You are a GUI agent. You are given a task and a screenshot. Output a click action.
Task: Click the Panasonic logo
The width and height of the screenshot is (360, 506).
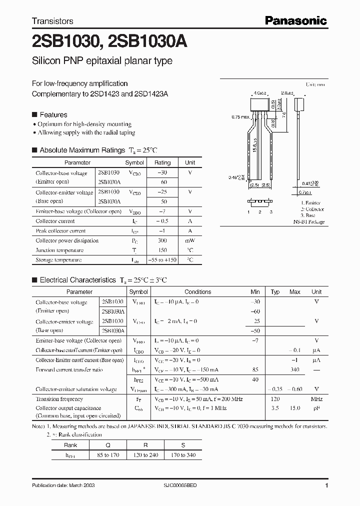[295, 20]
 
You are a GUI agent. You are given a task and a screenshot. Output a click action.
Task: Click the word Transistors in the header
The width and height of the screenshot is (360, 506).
[52, 21]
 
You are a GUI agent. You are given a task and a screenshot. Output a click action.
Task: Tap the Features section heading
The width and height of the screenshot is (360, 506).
[53, 114]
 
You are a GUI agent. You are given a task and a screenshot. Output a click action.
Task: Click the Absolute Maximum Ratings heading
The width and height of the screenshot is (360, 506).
[82, 150]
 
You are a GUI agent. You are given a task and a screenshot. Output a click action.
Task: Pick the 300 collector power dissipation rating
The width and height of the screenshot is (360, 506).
[162, 240]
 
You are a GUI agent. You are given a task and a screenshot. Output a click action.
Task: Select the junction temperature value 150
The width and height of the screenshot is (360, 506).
[162, 250]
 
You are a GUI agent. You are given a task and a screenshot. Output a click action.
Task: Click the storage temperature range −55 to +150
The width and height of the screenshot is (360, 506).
[162, 260]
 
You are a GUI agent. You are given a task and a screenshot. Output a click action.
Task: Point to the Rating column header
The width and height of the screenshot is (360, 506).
[162, 162]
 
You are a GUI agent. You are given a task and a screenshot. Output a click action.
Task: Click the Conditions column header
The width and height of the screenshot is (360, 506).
[197, 292]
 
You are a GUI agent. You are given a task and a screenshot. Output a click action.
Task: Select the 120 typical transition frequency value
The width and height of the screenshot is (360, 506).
[274, 399]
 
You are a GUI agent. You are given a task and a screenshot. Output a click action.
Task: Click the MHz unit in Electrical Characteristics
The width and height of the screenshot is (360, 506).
[316, 399]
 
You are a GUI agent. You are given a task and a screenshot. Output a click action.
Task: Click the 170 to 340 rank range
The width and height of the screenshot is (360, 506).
[183, 455]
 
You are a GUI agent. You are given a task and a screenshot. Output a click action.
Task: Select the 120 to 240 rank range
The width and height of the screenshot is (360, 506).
[145, 455]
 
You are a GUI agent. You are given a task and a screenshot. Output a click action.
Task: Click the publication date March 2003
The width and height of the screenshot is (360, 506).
[63, 485]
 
